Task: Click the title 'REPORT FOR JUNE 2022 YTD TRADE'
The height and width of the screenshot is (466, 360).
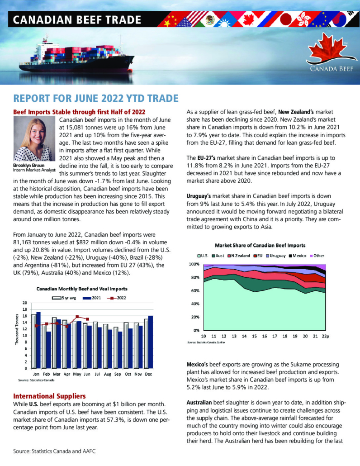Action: pyautogui.click(x=96, y=99)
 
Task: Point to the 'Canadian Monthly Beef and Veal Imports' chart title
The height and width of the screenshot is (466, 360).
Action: pyautogui.click(x=82, y=288)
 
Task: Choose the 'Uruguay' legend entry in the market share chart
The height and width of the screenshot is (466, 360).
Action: pyautogui.click(x=275, y=255)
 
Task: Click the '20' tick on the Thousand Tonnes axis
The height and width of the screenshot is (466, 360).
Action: pyautogui.click(x=24, y=303)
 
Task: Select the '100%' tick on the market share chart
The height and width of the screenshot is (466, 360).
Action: pyautogui.click(x=194, y=263)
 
